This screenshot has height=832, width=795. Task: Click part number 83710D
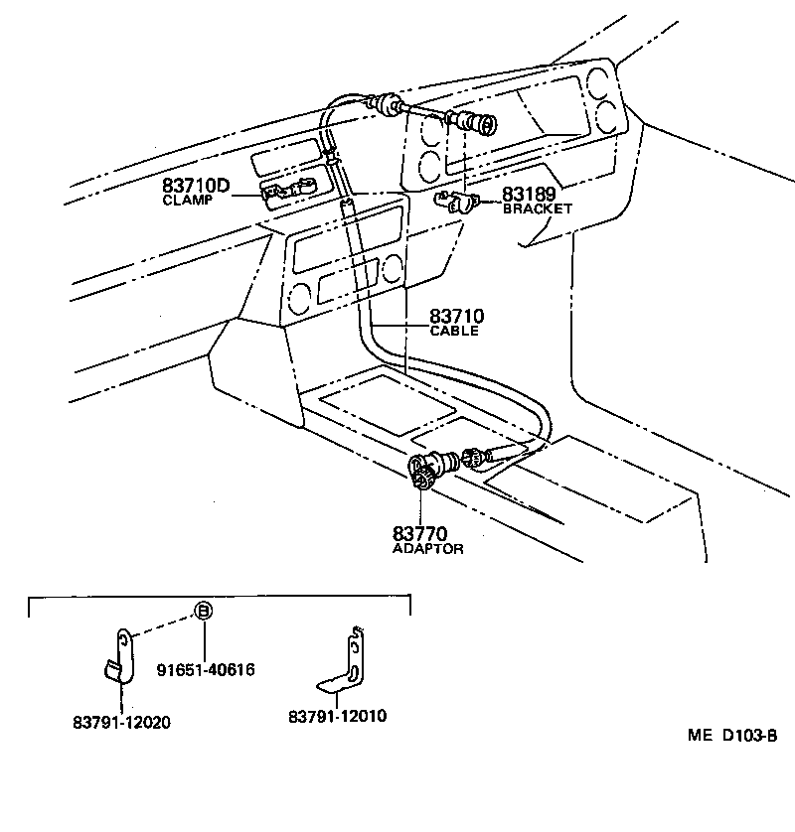pos(196,185)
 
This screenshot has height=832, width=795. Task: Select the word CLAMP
pos(188,200)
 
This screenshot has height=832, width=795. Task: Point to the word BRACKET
pos(538,209)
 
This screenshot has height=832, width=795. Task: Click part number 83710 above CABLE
pos(456,316)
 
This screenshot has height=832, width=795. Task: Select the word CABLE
pos(454,331)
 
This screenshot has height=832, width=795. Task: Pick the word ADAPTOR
pos(428,549)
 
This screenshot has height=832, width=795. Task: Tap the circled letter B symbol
pos(202,611)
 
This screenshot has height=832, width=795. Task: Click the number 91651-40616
pos(206,670)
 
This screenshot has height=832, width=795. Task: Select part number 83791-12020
pos(121,722)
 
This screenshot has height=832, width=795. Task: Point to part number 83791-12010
pos(338,716)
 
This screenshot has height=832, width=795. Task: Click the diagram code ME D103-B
pos(730,736)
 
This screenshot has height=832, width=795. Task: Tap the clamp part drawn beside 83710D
pos(287,189)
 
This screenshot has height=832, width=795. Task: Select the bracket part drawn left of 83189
pos(456,203)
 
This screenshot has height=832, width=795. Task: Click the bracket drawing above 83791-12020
pos(120,656)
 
